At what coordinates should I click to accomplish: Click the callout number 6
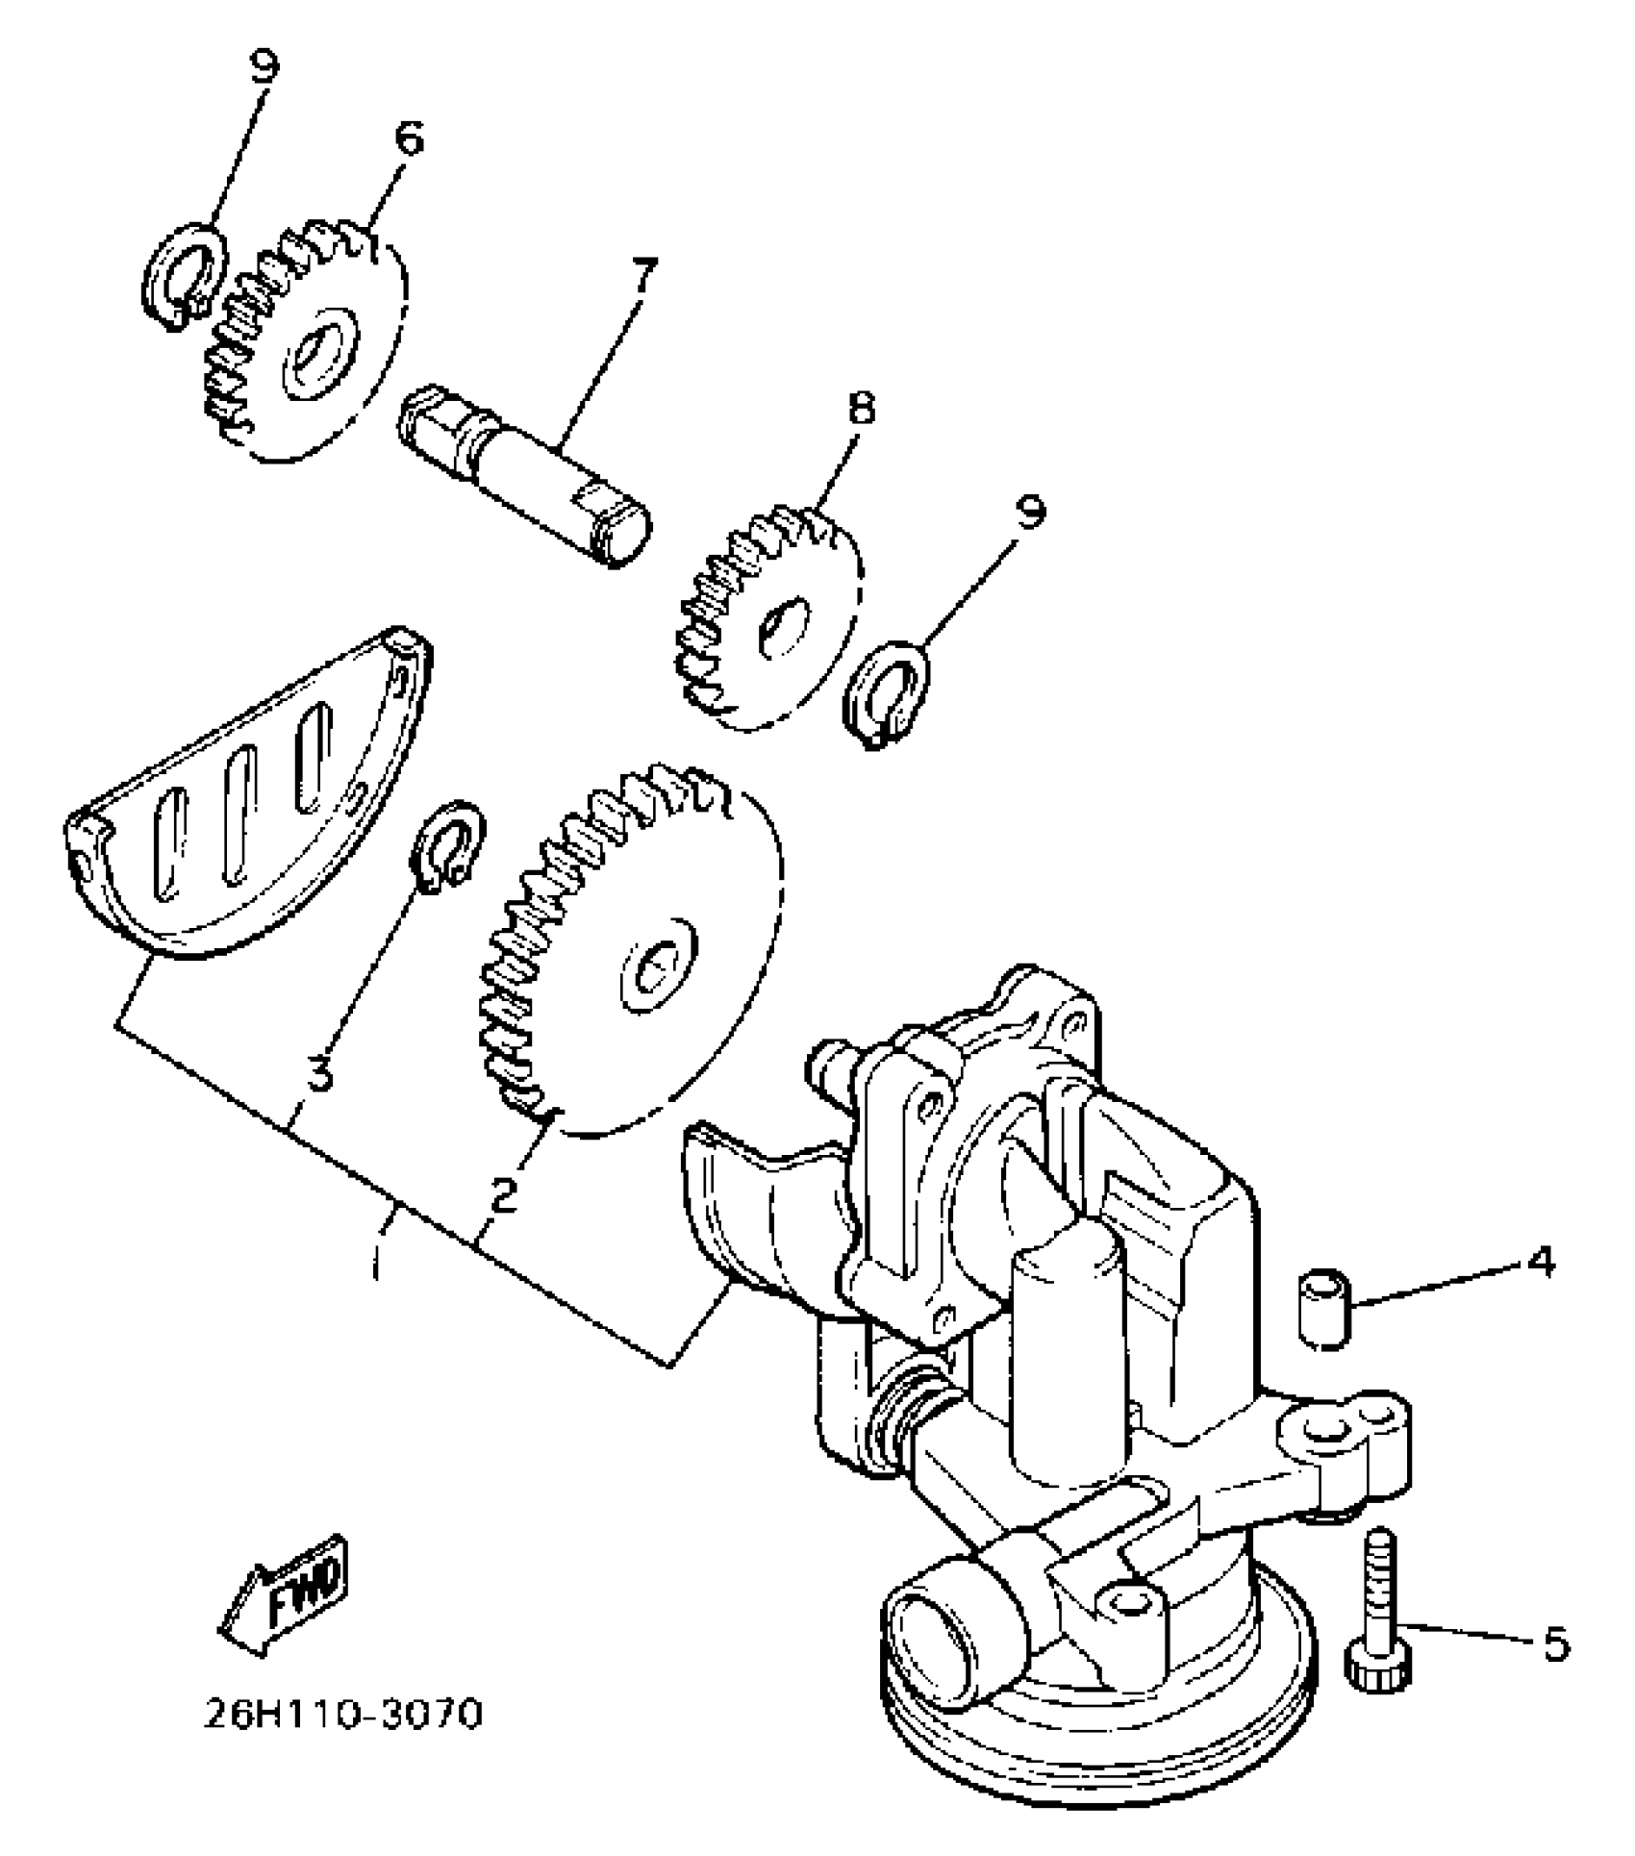(408, 140)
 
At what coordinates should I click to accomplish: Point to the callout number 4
(1540, 1262)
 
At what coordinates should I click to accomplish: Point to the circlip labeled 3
(447, 840)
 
